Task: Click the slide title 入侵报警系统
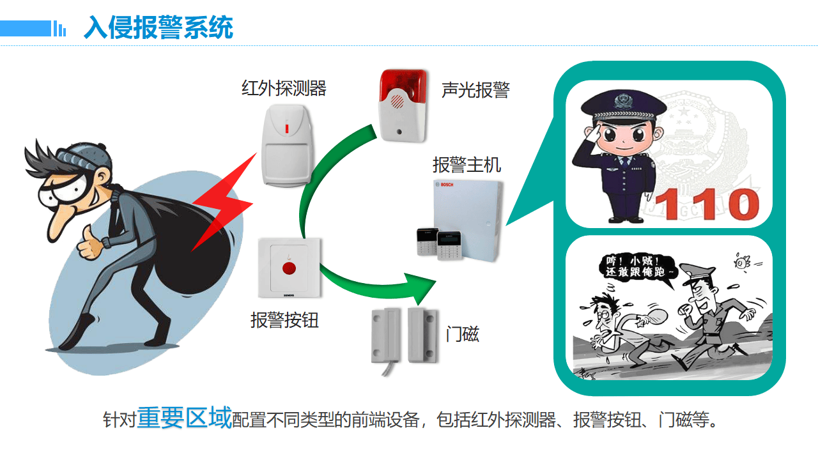158,27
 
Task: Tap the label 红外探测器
284,88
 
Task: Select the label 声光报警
475,90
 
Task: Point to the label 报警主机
467,165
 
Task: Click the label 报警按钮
284,319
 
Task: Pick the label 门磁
462,333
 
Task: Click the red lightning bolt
220,204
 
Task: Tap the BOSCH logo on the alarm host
446,185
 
